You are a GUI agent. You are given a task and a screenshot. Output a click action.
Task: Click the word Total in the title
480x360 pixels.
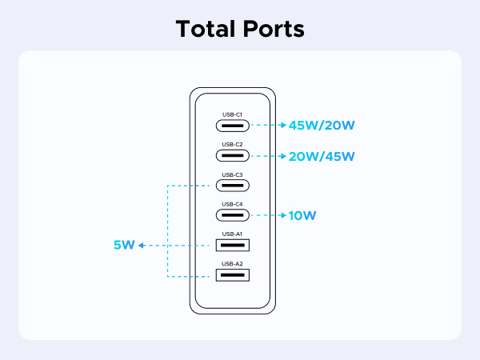(205, 29)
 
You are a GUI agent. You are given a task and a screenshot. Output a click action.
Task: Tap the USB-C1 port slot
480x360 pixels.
(232, 126)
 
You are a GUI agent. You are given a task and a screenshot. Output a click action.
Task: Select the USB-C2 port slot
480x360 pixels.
(232, 155)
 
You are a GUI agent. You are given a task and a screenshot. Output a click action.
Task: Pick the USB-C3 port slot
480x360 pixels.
(232, 186)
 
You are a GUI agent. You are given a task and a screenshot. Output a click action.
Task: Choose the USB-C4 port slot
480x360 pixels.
(232, 215)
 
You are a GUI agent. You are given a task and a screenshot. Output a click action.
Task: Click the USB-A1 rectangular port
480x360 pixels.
(232, 246)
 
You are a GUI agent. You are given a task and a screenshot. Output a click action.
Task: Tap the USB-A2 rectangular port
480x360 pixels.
(232, 275)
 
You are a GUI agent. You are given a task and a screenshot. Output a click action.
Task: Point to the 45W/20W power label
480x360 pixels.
(322, 126)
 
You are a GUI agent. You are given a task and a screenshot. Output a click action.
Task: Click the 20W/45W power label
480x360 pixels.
(322, 155)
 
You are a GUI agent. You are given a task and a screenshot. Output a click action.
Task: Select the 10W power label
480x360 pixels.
(302, 215)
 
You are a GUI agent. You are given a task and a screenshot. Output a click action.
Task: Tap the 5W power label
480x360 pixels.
(124, 246)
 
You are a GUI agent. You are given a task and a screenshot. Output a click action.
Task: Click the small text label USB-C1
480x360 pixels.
(232, 114)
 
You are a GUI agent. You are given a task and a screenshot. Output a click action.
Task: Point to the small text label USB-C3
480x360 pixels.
(232, 174)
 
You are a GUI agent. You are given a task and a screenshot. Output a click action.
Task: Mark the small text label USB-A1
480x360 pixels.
(232, 234)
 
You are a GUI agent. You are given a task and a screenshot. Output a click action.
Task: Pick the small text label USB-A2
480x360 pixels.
(232, 263)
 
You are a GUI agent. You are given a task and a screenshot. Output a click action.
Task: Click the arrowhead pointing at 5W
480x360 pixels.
(142, 246)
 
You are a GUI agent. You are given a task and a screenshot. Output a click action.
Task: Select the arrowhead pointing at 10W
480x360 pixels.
(283, 215)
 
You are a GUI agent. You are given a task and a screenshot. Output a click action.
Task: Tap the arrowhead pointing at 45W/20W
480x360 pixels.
(283, 126)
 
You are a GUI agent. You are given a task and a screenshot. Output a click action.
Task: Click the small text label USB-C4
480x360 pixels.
(232, 204)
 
